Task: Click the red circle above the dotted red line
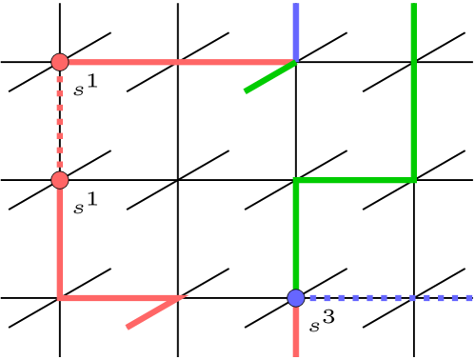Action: tap(60, 62)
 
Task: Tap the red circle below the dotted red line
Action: tap(60, 180)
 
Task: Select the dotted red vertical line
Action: tap(60, 121)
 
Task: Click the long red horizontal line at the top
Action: tap(176, 63)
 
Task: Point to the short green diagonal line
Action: tap(270, 77)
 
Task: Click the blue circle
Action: tap(296, 298)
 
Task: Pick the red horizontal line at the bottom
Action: tap(119, 298)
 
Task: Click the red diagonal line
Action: tap(154, 313)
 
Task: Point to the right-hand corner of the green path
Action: tap(413, 180)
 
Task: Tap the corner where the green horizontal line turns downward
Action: tap(296, 180)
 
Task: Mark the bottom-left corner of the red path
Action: tap(60, 298)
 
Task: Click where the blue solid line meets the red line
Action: tap(296, 62)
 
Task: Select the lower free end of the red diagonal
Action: tap(128, 328)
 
